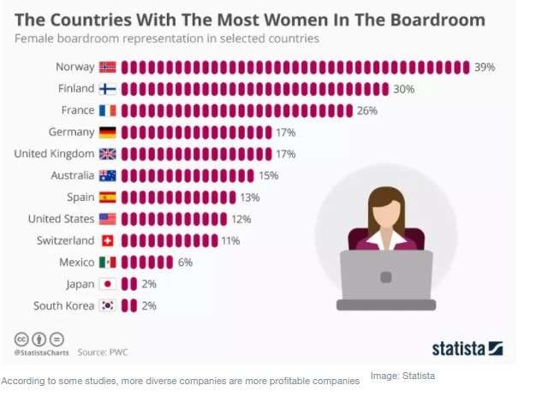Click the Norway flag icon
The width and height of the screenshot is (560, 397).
108,67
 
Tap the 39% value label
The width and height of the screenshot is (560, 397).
486,67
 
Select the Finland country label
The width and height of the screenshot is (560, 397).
76,88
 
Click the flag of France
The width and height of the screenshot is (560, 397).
108,110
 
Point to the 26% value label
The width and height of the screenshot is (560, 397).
367,110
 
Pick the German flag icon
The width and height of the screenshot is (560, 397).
108,132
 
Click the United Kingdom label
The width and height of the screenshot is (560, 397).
54,154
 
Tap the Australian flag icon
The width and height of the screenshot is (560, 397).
108,175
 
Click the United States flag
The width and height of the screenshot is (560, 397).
108,219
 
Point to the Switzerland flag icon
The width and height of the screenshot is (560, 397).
108,240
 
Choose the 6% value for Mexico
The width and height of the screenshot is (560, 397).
185,262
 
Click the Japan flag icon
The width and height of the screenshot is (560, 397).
108,284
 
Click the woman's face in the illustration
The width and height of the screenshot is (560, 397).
386,210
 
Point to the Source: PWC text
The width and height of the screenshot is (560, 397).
104,352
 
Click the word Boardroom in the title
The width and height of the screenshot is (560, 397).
426,19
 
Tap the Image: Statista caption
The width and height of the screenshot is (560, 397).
402,376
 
